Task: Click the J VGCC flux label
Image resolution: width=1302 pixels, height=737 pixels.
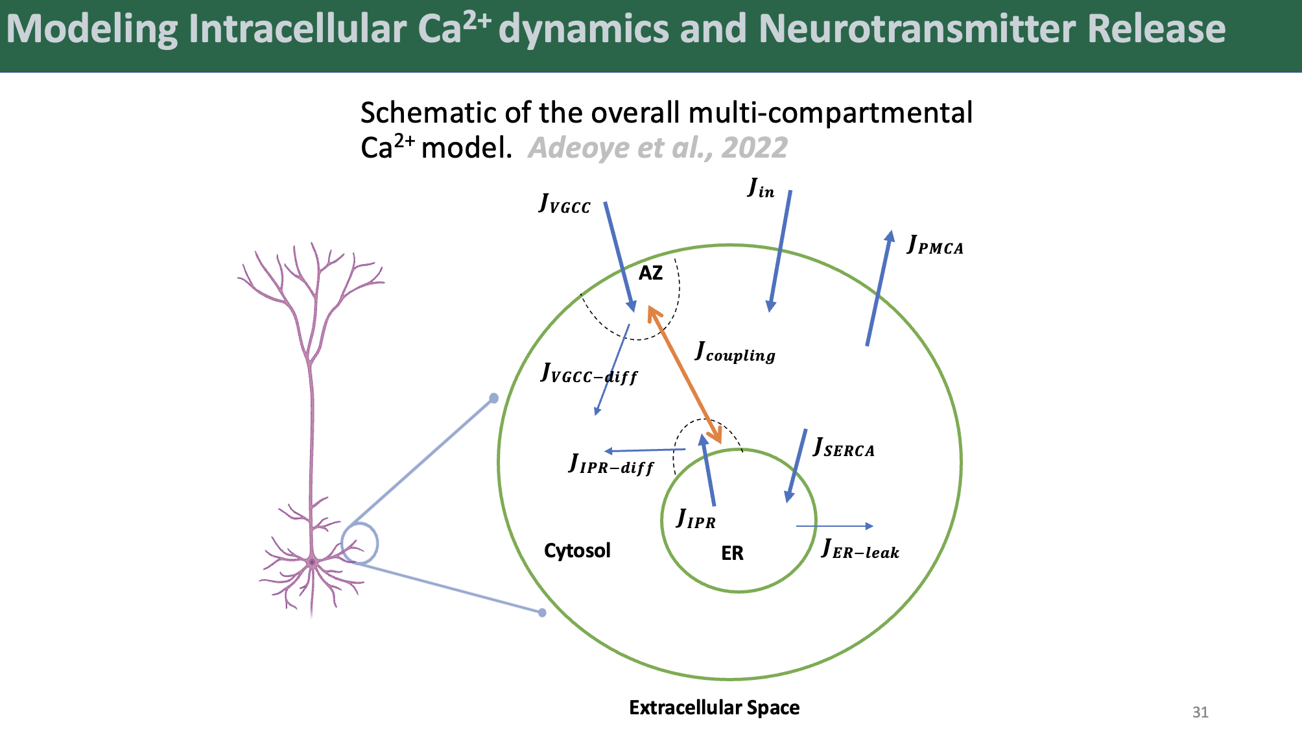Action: (x=565, y=204)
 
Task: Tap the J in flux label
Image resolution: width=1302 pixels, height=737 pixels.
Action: (x=761, y=189)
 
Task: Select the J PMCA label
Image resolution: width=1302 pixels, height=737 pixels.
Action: (x=935, y=245)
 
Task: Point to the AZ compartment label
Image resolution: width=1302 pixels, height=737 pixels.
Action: (x=650, y=273)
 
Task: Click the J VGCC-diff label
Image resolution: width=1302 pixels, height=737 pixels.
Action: (x=589, y=374)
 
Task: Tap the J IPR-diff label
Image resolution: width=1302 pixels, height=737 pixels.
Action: (x=611, y=465)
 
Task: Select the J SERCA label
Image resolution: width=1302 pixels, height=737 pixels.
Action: (x=844, y=448)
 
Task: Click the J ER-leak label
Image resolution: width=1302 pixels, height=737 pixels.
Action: (x=860, y=550)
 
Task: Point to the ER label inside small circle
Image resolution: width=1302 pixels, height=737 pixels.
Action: (x=732, y=553)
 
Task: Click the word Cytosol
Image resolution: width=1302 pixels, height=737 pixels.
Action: (x=577, y=551)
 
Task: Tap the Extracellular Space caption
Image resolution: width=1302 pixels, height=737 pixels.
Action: (x=714, y=708)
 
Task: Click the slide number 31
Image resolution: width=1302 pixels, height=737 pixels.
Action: (x=1200, y=712)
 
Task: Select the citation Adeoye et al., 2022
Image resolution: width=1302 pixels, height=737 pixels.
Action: (x=657, y=148)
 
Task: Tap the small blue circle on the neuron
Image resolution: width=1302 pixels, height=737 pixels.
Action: (x=359, y=543)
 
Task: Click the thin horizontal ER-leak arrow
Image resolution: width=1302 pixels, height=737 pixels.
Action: (x=834, y=526)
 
